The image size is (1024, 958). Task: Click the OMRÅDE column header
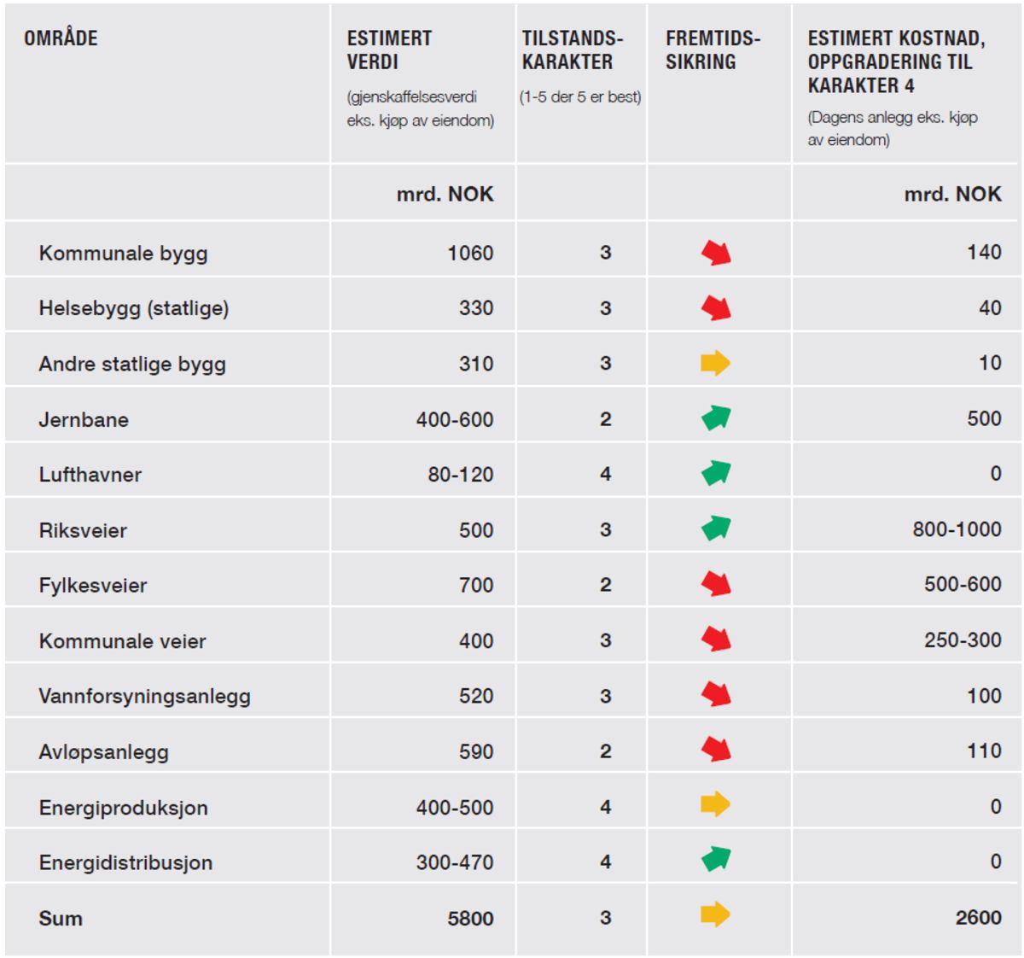(61, 38)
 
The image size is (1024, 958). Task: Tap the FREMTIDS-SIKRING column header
(713, 50)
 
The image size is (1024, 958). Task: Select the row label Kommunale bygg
(123, 254)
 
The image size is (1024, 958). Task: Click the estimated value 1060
(470, 253)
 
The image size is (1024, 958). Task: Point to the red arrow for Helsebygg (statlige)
(716, 307)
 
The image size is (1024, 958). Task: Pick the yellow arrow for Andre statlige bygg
(715, 363)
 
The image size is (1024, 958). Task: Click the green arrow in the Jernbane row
(716, 418)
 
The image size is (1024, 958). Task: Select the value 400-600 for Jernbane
(455, 419)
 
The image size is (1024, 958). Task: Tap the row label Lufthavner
(90, 475)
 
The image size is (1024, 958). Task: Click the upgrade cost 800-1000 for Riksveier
(957, 529)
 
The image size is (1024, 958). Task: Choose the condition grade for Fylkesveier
(605, 584)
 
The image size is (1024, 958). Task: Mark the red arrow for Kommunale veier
(716, 639)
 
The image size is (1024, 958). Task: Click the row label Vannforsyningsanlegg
(144, 697)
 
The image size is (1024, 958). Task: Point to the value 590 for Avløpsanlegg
(476, 751)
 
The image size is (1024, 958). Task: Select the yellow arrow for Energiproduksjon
(715, 804)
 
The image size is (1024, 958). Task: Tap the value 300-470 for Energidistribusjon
(455, 862)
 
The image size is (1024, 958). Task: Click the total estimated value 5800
(470, 918)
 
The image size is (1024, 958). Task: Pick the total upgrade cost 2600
(978, 917)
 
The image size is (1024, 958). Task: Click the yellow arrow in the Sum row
(715, 914)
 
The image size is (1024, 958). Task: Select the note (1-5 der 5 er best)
(580, 97)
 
